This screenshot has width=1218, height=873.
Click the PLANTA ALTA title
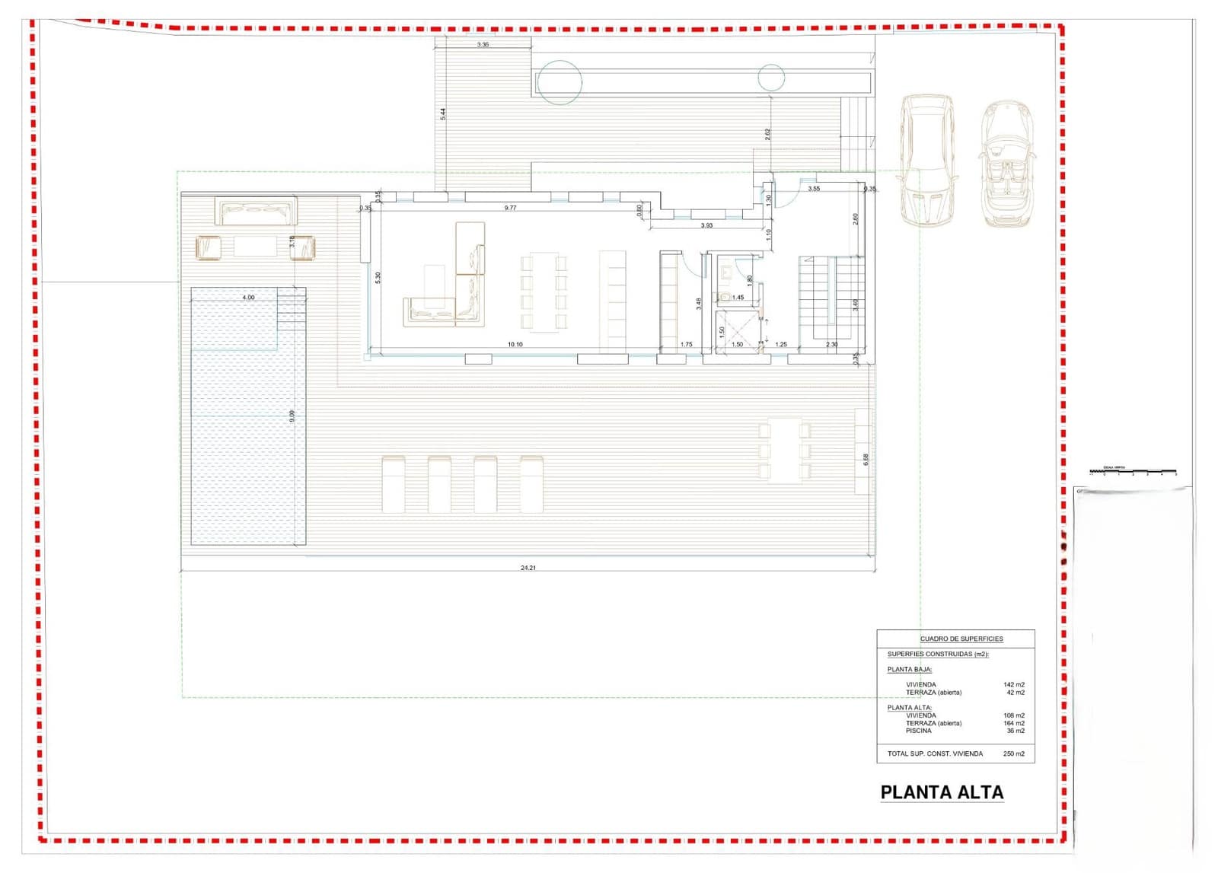(942, 792)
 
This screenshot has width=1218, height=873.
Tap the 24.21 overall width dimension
(528, 568)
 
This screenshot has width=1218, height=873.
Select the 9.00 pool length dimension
(292, 416)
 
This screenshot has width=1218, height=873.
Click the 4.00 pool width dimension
(248, 298)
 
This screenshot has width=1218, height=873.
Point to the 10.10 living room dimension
(515, 345)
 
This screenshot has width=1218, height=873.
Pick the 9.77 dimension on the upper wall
(510, 208)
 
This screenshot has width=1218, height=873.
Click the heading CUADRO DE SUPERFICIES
(961, 639)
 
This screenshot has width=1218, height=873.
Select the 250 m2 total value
(1013, 754)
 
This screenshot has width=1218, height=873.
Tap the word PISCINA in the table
(918, 731)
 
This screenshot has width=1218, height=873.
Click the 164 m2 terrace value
(1013, 723)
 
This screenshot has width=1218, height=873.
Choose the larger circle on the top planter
(560, 82)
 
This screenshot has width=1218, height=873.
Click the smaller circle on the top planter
(771, 78)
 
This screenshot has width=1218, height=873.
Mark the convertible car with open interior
(1007, 164)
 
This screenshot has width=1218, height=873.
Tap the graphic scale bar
(1133, 472)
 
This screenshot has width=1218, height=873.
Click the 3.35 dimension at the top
(483, 45)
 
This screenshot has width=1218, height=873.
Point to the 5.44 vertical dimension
(443, 114)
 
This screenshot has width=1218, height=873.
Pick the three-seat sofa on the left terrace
(256, 212)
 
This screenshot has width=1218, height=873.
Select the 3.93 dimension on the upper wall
(706, 225)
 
